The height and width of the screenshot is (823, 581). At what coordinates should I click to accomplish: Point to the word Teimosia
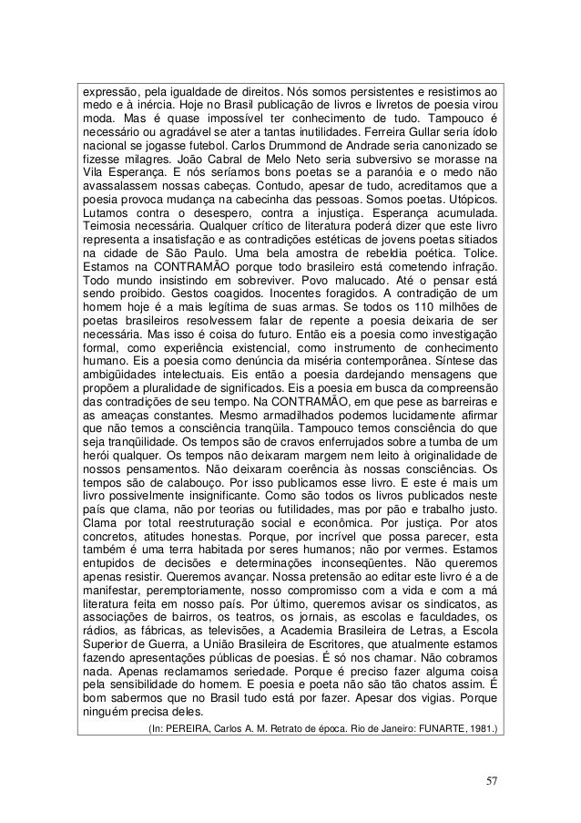106,222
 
